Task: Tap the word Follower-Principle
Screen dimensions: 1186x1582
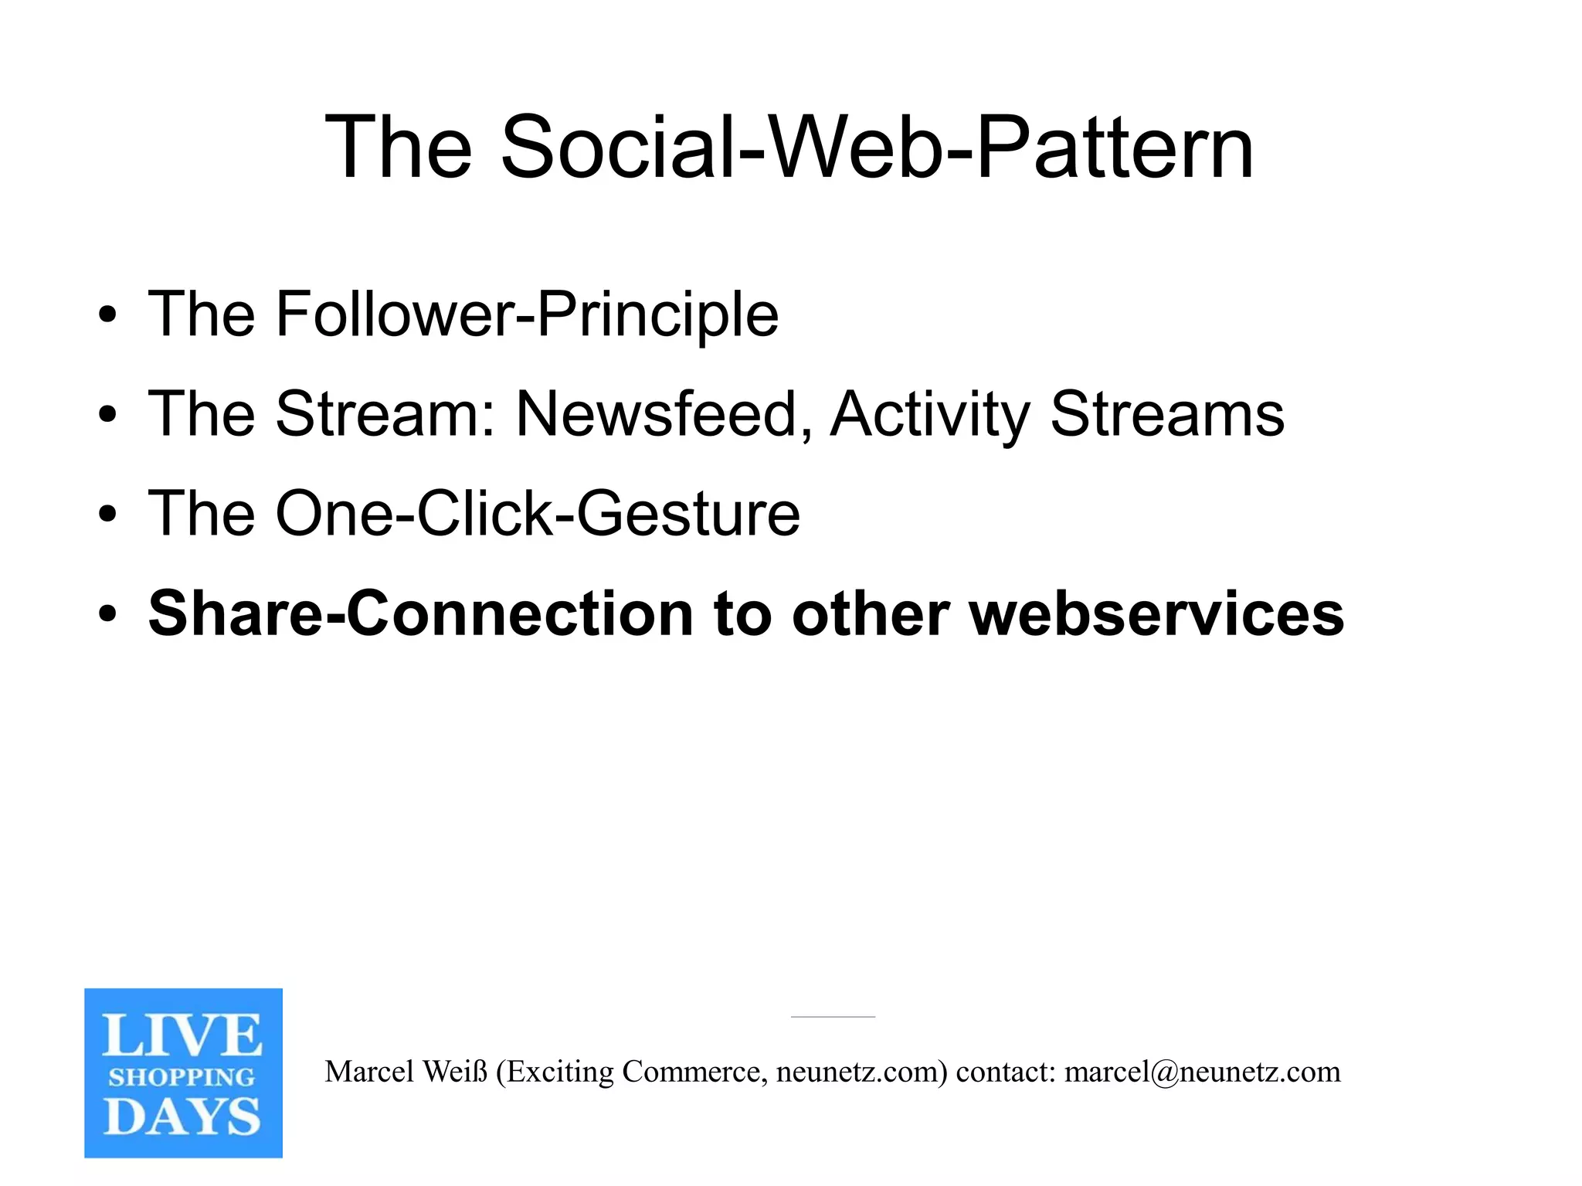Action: pos(527,314)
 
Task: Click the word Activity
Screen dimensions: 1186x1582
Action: pos(930,415)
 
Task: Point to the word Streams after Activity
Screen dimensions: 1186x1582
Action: pos(1166,415)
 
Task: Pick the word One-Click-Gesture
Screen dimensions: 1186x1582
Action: pos(538,515)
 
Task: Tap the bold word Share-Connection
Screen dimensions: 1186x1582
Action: pos(421,614)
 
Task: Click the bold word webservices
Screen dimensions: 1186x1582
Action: pos(1156,614)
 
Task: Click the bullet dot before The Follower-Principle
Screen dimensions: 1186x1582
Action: pos(107,316)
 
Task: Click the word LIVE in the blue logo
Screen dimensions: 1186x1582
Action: pos(182,1036)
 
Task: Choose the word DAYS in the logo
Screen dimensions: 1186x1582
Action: pos(182,1117)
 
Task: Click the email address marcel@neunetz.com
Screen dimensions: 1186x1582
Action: pos(1202,1072)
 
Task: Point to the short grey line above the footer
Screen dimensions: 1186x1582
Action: pos(833,1017)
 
